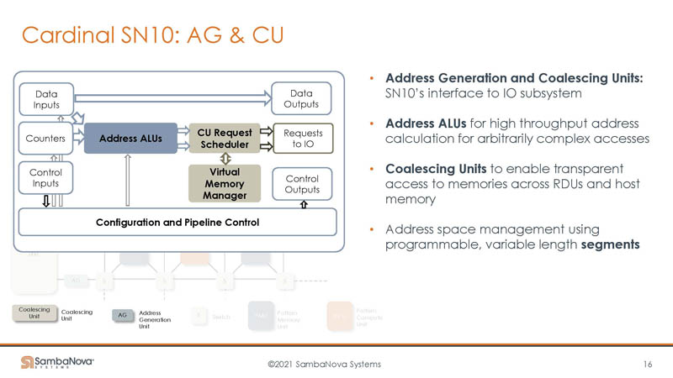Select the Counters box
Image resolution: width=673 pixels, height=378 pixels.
click(46, 139)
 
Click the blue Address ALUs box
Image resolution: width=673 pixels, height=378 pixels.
click(130, 139)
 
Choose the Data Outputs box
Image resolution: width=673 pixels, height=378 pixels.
click(302, 98)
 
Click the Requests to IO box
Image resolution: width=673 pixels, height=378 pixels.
click(302, 139)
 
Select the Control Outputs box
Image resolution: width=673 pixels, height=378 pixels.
click(302, 184)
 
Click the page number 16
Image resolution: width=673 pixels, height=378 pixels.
click(647, 364)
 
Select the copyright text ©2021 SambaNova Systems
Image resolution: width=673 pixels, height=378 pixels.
click(324, 364)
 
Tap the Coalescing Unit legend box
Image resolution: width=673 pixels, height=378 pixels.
click(34, 313)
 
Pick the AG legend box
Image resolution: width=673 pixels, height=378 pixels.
click(122, 315)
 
